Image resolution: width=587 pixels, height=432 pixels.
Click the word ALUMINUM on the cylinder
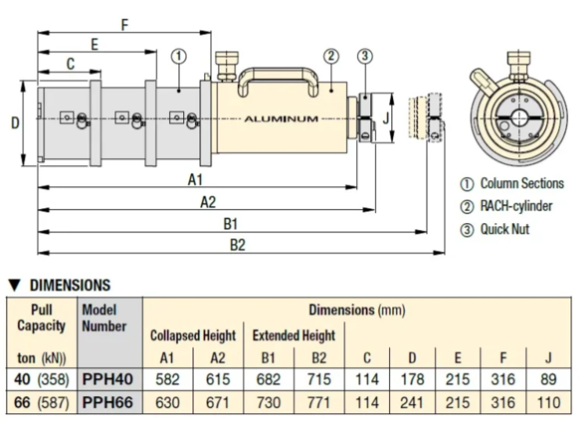pyautogui.click(x=281, y=119)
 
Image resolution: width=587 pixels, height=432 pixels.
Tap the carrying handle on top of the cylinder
pyautogui.click(x=278, y=72)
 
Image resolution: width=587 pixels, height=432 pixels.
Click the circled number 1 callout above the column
pyautogui.click(x=178, y=56)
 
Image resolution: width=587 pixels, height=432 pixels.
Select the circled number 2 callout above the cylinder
pyautogui.click(x=331, y=56)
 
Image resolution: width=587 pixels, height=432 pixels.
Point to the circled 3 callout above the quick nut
pyautogui.click(x=365, y=56)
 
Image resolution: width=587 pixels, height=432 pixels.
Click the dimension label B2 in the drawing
pyautogui.click(x=237, y=245)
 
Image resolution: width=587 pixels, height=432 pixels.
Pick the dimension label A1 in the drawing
pyautogui.click(x=195, y=180)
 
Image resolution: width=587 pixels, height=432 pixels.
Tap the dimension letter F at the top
pyautogui.click(x=124, y=25)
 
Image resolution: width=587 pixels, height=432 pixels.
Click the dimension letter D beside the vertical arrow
pyautogui.click(x=15, y=123)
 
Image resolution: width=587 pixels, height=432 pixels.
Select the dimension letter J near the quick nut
pyautogui.click(x=386, y=118)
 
